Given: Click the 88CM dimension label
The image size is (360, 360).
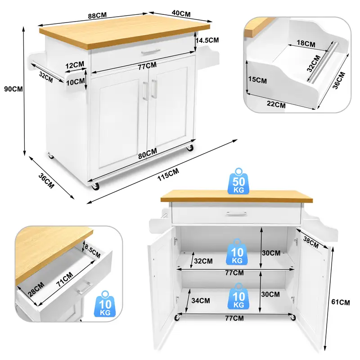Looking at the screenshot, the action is coord(97,16).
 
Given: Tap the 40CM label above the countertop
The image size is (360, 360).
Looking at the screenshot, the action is coord(181,13).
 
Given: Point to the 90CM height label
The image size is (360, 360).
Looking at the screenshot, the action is coord(13,89).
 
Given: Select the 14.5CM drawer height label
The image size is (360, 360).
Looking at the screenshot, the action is coord(207,40).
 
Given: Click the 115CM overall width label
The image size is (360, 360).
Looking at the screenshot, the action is coord(168,175).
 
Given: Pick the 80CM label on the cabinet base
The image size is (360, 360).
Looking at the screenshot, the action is coord(148,153).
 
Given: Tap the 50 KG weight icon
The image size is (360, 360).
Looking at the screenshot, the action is coord(239,181).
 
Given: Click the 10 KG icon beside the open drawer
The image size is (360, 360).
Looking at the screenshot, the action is coord(105,304).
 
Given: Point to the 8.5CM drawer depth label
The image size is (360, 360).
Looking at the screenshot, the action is coord(92,251).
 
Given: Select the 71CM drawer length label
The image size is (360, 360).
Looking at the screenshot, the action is coord(65,279).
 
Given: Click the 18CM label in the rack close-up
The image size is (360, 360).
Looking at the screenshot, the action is coord(306,43).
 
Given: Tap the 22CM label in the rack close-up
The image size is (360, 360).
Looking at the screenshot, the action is coord(276,104).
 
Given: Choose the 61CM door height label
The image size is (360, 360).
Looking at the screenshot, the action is coord(341,302).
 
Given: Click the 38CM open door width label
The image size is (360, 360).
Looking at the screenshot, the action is coord(311,243).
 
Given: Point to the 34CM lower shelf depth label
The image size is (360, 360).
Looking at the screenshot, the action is coord(201,300).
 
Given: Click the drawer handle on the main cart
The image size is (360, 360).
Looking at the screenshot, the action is coord(151,52).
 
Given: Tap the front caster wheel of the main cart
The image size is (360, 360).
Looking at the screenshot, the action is coord(95,186).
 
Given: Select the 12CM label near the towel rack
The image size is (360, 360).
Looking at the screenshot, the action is coord(75,65).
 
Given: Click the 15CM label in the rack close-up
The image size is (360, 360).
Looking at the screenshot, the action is coord(257,80).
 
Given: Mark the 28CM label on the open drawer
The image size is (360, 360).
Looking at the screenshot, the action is coord(36,289).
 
